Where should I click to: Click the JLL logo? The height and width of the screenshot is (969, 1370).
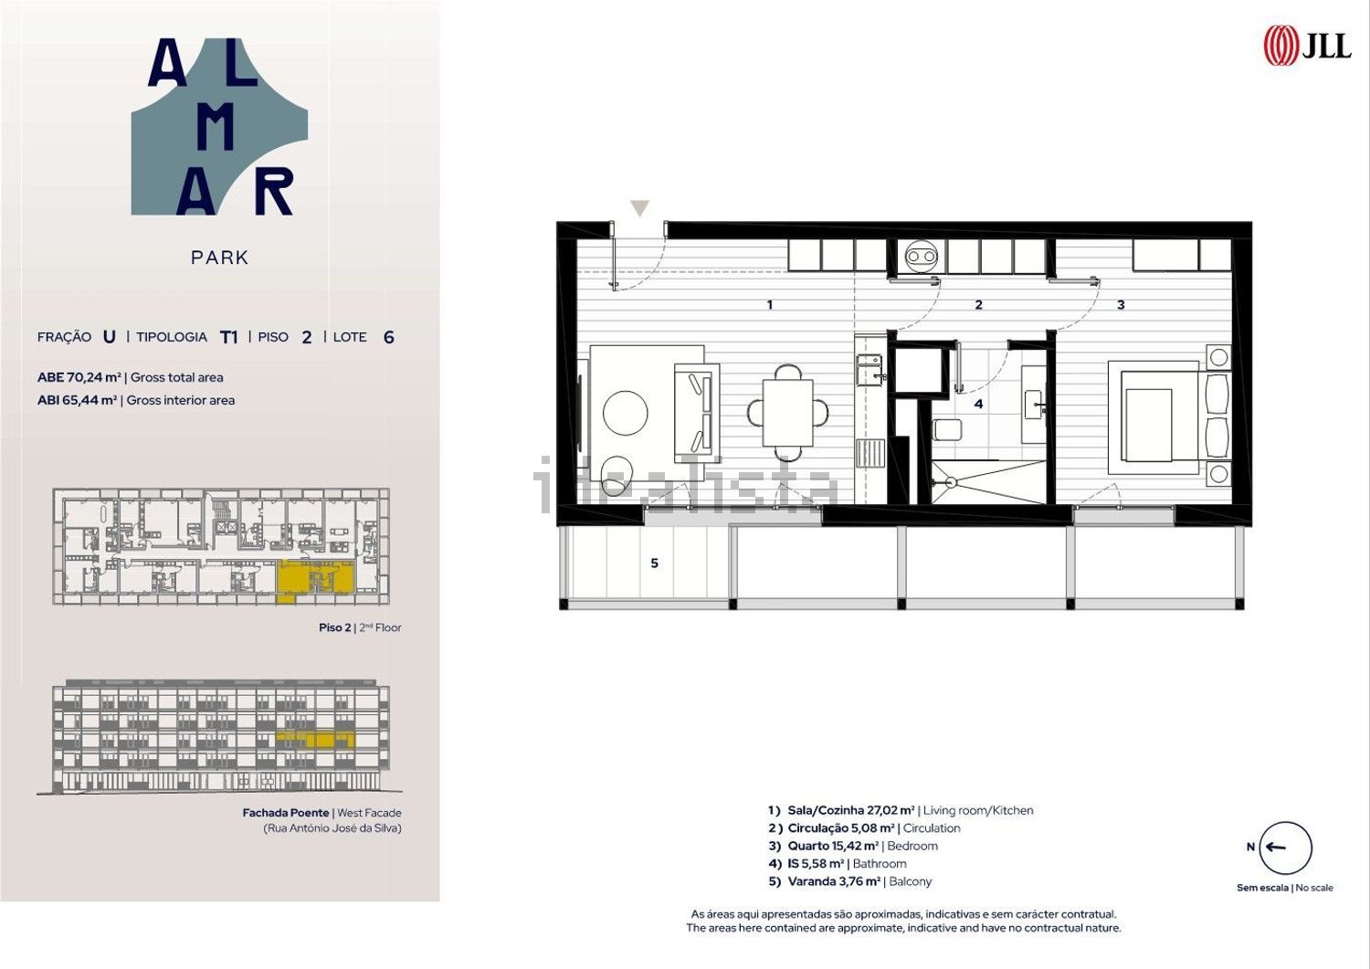(x=1308, y=46)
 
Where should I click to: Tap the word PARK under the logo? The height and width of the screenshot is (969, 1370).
(x=219, y=258)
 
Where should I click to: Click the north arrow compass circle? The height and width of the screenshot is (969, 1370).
(x=1286, y=848)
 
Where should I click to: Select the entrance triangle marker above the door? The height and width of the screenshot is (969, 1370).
(x=639, y=208)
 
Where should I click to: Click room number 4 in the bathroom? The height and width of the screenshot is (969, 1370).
(x=978, y=404)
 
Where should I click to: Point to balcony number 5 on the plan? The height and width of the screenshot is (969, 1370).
(x=655, y=563)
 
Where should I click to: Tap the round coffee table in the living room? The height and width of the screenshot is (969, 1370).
(x=625, y=413)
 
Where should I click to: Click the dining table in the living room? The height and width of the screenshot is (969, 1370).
(x=787, y=413)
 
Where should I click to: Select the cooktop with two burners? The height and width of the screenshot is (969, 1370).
(x=921, y=257)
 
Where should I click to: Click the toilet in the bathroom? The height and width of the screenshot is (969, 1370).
(x=947, y=429)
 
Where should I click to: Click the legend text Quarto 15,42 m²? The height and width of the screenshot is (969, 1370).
(x=833, y=846)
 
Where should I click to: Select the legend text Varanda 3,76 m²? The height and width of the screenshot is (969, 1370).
(x=834, y=881)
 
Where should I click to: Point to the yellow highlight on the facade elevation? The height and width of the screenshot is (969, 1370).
(x=316, y=740)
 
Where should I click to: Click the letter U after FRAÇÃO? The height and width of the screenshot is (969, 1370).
(x=110, y=336)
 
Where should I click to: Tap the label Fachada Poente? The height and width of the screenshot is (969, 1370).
(x=286, y=813)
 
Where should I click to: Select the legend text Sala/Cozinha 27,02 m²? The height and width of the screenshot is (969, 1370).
(x=851, y=811)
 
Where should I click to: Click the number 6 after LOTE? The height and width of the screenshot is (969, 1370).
(x=388, y=337)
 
